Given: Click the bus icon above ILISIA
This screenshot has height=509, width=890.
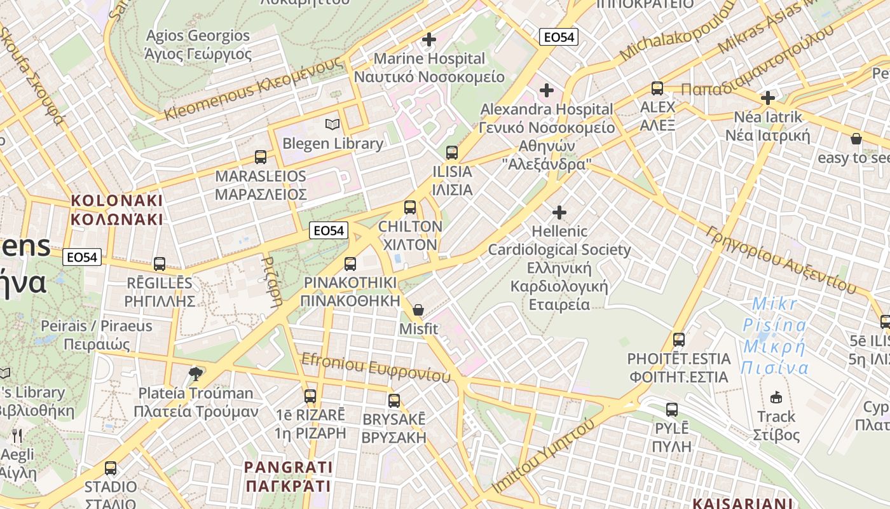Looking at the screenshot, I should coord(452,153).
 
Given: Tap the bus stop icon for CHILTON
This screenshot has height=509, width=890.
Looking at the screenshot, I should coord(410,207).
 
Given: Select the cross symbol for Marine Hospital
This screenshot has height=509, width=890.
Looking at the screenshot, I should coord(429,39).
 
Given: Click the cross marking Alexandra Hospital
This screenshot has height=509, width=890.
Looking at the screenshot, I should coord(547,90).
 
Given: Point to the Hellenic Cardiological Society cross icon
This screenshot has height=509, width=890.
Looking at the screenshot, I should coord(559,212).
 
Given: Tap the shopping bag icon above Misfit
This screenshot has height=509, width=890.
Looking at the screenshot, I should coord(418,310).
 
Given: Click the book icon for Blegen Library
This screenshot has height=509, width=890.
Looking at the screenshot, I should coord(332,124).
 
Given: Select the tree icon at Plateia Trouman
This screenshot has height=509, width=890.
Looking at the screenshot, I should coord(196,373).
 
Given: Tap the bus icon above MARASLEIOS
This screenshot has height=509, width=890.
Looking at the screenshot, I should coord(261,157).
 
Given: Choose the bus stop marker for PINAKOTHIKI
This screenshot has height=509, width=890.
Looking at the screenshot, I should coord(350,264).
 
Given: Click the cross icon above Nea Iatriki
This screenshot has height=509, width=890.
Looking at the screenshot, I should coord(768,99).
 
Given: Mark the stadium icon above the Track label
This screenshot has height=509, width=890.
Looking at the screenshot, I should coord(776,398).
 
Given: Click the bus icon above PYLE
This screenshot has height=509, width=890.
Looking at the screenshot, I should coord(672,410).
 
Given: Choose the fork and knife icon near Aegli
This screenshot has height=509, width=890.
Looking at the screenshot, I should coord(17,436).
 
